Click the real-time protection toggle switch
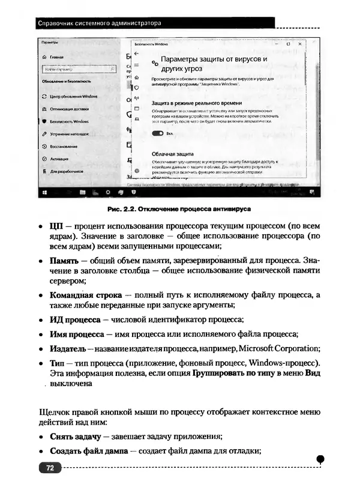158,133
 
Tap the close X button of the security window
300,44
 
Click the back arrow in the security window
136,53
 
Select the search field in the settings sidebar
77,70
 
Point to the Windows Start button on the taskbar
44,192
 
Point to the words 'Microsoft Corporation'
287,349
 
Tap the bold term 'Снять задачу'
75,436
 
